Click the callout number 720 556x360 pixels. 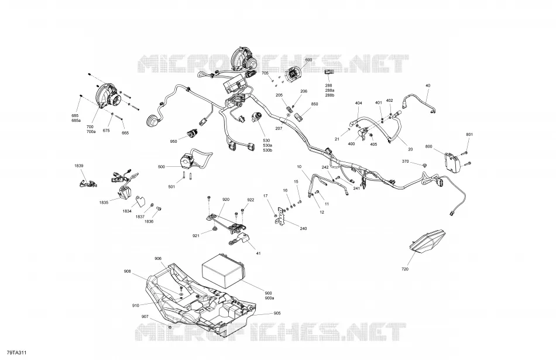(x=405, y=269)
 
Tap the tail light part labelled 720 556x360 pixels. (x=428, y=241)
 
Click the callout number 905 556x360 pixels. (x=277, y=313)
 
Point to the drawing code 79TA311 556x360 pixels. (x=17, y=352)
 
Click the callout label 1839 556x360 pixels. (x=79, y=166)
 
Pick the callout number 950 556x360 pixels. (x=173, y=142)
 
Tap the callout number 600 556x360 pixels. (x=308, y=60)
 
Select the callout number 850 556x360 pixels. (x=314, y=104)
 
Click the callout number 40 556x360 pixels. (x=428, y=85)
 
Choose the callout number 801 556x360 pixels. (x=469, y=135)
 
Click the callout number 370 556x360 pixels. (x=406, y=162)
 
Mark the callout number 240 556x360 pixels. (x=303, y=229)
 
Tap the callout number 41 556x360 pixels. (x=258, y=253)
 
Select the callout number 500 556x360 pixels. (x=162, y=166)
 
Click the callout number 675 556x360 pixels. (x=106, y=131)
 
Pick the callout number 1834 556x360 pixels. (x=127, y=211)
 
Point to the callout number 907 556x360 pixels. (x=145, y=317)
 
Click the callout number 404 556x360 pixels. (x=359, y=103)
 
